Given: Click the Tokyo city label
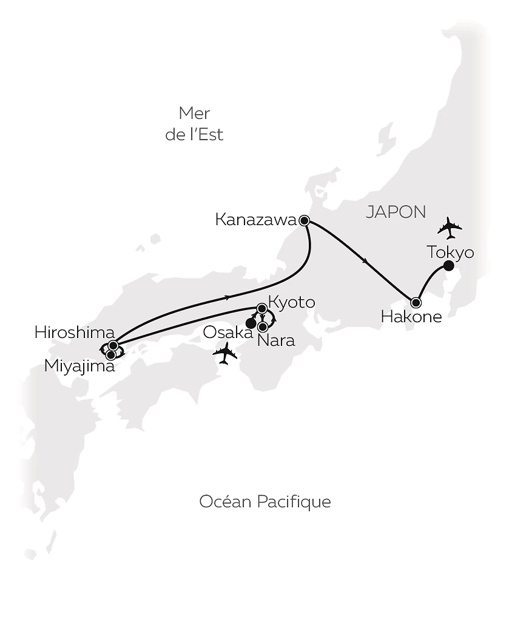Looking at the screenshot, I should point(450,252).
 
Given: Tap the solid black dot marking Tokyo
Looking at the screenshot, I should point(449,266).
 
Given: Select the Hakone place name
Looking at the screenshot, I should point(411,316).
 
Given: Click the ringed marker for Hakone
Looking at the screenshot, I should point(416,302).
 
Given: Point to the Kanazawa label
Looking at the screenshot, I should point(255,220).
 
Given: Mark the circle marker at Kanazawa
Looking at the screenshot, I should point(305,220).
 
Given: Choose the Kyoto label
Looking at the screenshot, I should point(291,302).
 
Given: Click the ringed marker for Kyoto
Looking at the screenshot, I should point(262,308).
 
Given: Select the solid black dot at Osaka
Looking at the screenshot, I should point(250,323).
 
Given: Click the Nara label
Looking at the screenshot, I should point(276,340).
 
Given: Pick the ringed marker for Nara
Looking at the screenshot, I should point(263,326).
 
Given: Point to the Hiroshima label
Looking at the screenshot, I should point(75,332).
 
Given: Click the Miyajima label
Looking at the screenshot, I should point(79,366).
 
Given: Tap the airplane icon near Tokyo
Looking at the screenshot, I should point(450,228).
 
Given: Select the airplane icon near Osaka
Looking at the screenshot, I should point(225,353).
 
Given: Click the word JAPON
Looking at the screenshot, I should point(396,212).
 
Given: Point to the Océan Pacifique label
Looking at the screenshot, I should point(265,502).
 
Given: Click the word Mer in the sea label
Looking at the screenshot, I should point(194,113).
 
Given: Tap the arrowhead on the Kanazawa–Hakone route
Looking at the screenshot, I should point(364,262).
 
